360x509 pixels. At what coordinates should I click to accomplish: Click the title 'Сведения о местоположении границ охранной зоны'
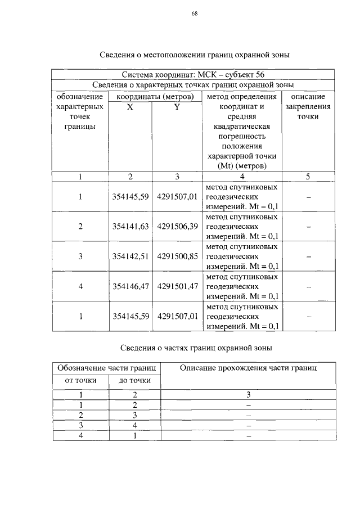(194, 55)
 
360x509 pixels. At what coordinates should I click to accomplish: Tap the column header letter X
(130, 106)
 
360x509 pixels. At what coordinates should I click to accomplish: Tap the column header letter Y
(177, 106)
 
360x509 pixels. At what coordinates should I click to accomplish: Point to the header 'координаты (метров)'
(154, 96)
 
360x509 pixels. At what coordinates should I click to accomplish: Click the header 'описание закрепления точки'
(308, 106)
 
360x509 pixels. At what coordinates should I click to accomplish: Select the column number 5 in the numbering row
(308, 177)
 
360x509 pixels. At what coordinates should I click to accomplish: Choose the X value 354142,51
(130, 256)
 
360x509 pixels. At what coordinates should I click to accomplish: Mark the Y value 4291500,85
(177, 256)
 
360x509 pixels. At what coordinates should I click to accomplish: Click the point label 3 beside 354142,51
(80, 256)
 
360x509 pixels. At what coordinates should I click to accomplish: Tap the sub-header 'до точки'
(134, 381)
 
